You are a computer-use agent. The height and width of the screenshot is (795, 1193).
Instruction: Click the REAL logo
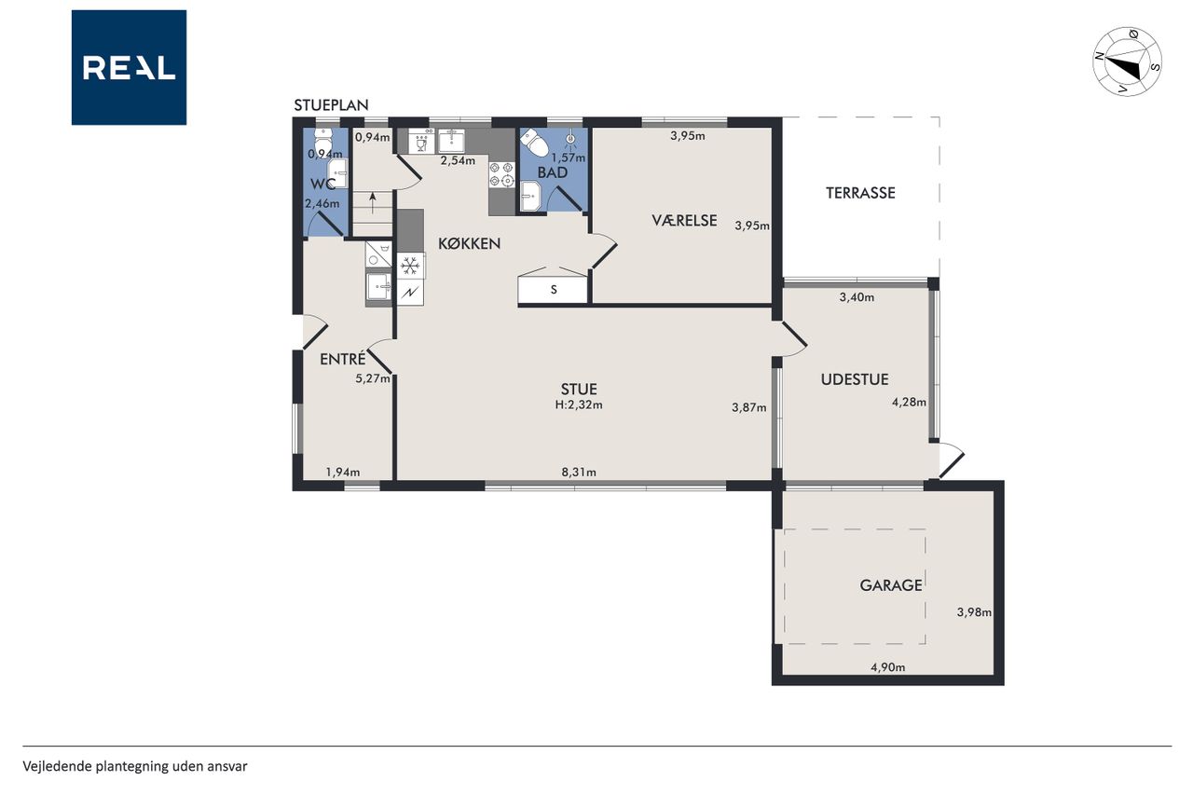coord(129,68)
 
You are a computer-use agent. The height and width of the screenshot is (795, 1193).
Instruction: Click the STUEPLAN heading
coord(331,105)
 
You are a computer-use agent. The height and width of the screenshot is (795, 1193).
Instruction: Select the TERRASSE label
coord(860,193)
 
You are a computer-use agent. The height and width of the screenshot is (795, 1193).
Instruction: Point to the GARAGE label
coord(890,585)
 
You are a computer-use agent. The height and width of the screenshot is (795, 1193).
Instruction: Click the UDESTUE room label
coord(855,379)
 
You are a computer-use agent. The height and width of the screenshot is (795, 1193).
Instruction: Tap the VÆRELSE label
coord(684,221)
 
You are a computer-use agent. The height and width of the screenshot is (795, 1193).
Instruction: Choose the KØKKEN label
coord(469,244)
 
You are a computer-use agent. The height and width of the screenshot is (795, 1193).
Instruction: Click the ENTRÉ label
coord(342,359)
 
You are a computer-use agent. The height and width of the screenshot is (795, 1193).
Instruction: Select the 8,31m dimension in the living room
coord(579,473)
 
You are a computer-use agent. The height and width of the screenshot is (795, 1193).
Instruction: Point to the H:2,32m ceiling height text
coord(579,404)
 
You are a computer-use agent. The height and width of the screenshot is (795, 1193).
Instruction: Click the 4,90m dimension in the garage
coord(887,667)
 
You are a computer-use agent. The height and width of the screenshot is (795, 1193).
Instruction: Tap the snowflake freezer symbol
coord(410,266)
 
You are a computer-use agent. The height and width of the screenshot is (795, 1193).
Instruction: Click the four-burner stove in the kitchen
coord(501,174)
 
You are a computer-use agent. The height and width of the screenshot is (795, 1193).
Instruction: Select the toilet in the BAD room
coord(535,143)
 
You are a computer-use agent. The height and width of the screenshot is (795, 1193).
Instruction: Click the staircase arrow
coord(372,203)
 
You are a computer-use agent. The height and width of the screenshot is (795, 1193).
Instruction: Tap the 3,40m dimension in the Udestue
coord(857,297)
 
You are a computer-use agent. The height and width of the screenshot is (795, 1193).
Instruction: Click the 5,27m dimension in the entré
coord(372,379)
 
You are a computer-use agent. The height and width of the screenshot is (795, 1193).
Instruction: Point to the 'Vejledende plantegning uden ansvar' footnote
coord(135,767)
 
